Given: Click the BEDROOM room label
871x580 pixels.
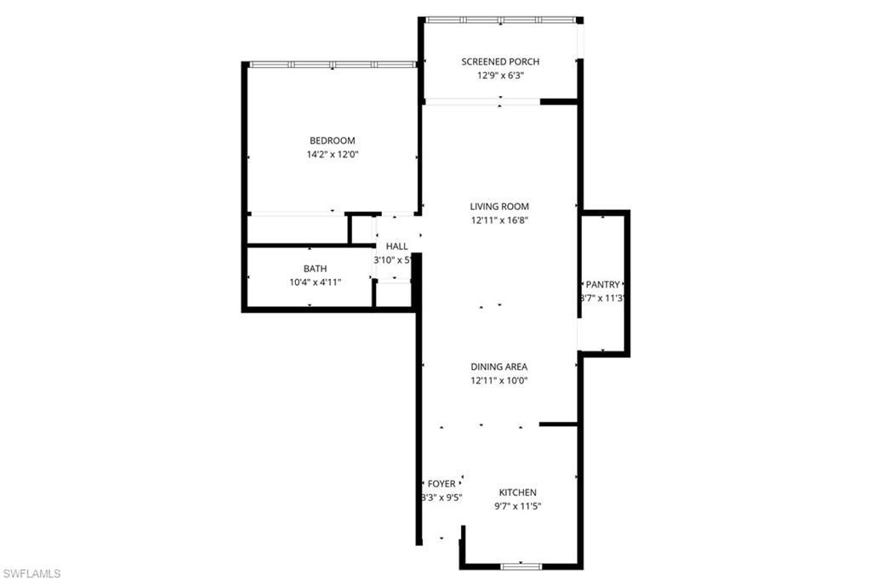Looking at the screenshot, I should click(x=332, y=140).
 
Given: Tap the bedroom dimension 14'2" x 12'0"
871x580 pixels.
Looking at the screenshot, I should click(x=332, y=155).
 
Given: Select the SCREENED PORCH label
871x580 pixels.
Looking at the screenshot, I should click(x=500, y=61).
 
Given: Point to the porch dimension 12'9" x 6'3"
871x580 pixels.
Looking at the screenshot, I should click(x=500, y=75).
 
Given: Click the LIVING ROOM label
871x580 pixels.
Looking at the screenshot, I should click(x=499, y=206).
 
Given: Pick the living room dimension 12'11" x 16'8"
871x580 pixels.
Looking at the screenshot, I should click(x=499, y=220).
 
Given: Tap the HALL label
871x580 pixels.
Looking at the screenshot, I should click(x=396, y=246).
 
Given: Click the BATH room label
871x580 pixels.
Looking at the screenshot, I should click(x=315, y=269).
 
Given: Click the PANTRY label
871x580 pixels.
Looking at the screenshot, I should click(x=603, y=284).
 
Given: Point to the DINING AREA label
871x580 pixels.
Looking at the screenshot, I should click(x=499, y=367).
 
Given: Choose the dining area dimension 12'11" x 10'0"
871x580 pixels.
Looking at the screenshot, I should click(x=499, y=380).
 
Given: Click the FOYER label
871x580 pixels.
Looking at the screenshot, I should click(x=441, y=484).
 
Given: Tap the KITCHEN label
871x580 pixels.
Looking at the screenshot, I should click(x=517, y=492).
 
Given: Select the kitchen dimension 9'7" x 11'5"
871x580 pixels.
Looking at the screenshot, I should click(x=517, y=506).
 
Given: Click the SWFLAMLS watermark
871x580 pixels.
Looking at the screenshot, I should click(x=31, y=573).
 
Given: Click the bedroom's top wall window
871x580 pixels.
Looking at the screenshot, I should click(x=333, y=65).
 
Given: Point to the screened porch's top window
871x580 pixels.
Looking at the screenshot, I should click(x=500, y=20).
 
